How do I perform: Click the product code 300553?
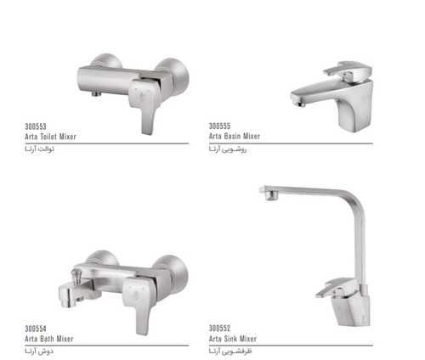point(36,127)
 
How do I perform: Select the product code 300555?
point(219,126)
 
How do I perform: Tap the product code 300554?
point(36,329)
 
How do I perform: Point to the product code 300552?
point(219,329)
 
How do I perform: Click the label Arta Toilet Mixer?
point(50,137)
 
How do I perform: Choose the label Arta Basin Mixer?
point(235,136)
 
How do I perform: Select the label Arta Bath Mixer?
point(49,339)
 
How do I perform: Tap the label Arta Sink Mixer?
point(233,339)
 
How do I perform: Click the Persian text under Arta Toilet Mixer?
point(39,149)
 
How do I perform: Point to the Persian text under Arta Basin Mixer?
point(228,149)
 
